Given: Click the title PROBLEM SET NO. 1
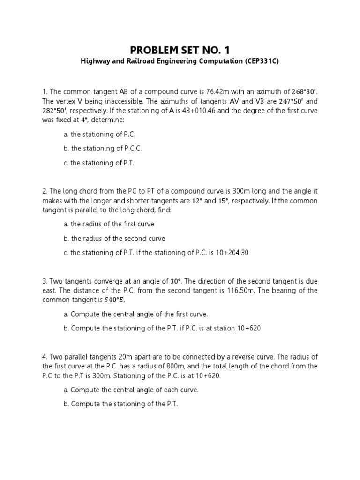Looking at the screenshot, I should pos(180,51).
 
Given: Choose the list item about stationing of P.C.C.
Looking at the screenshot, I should pos(103,149).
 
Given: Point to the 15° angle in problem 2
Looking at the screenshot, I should pos(226,201).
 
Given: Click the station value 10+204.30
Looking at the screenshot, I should pos(230,253).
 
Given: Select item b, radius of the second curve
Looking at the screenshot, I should pos(114,239).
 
